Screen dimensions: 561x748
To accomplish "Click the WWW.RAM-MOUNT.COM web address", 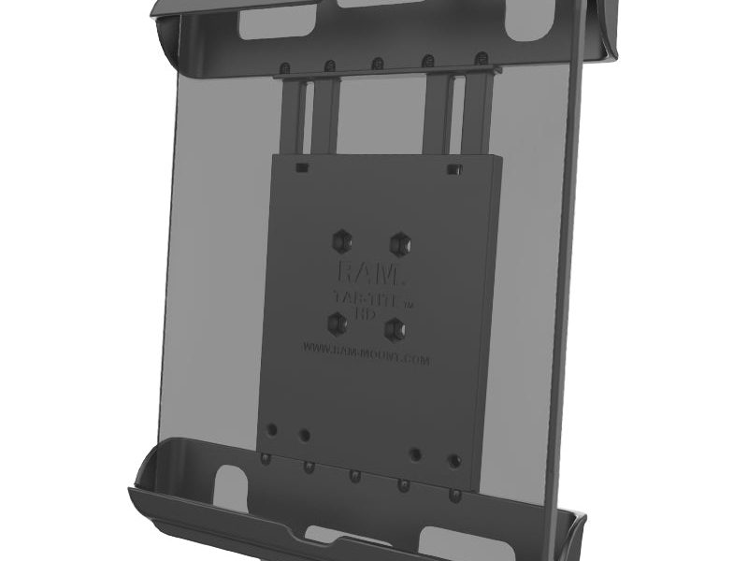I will [366, 353].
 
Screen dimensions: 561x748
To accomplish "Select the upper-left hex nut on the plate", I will [340, 241].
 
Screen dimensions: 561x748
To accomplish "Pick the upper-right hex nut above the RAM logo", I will [400, 241].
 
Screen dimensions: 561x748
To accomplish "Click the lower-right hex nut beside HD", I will [397, 328].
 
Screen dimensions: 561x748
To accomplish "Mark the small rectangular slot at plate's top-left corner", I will [301, 169].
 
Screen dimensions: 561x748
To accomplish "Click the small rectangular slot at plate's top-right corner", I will [453, 169].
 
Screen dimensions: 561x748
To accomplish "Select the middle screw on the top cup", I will [378, 64].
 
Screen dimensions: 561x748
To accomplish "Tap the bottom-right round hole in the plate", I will [454, 461].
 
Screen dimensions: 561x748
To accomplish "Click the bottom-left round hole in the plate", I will [271, 430].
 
